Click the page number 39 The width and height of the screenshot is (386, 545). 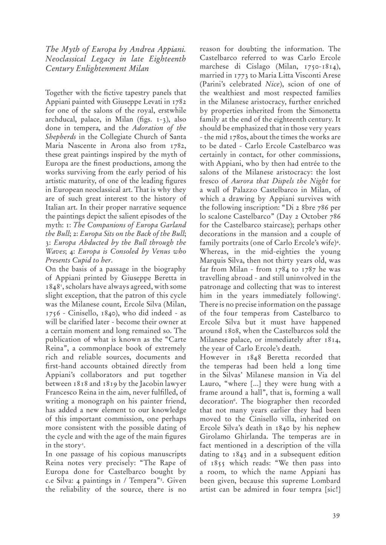(x=336, y=516)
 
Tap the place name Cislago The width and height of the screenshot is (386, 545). (x=257, y=66)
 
